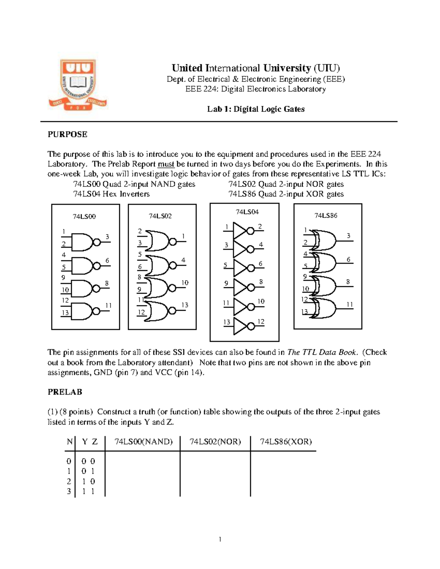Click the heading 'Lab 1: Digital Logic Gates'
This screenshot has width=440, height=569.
tap(256, 109)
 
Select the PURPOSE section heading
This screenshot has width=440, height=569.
tap(67, 134)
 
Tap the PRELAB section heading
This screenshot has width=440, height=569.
tap(65, 392)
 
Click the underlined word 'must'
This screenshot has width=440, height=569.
tap(166, 164)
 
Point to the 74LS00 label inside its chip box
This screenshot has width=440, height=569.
tap(84, 217)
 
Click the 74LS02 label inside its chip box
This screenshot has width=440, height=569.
tap(160, 216)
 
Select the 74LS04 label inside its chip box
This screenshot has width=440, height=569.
tap(247, 212)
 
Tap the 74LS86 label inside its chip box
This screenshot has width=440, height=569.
tap(325, 215)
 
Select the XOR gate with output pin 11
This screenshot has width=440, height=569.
tap(324, 308)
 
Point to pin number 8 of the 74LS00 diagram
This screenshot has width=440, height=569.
tap(107, 283)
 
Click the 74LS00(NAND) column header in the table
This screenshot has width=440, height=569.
tap(143, 441)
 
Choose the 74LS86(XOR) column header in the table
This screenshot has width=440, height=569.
tap(286, 441)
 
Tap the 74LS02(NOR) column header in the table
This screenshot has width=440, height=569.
tap(215, 441)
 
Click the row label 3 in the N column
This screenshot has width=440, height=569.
tap(69, 491)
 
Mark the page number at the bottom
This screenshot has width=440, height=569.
tap(220, 539)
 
